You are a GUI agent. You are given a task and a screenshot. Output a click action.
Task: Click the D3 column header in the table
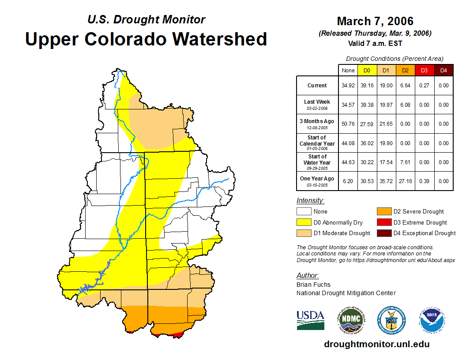(424, 70)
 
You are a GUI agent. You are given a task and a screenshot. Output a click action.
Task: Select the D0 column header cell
(367, 70)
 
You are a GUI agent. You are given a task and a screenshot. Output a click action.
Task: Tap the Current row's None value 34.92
(348, 86)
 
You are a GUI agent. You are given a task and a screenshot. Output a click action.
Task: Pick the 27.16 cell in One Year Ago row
(405, 181)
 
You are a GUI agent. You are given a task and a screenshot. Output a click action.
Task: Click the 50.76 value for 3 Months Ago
(348, 124)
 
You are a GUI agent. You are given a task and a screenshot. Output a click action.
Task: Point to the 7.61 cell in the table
(405, 162)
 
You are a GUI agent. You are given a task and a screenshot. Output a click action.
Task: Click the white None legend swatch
(304, 211)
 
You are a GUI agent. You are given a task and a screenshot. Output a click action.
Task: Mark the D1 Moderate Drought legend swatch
(304, 233)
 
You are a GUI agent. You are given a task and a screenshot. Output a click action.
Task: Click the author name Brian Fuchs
(313, 285)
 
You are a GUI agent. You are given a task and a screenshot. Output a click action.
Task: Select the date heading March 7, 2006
(375, 21)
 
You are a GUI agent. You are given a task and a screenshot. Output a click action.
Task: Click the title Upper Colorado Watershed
(146, 39)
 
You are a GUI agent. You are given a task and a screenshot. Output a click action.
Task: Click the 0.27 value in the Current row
(424, 86)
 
